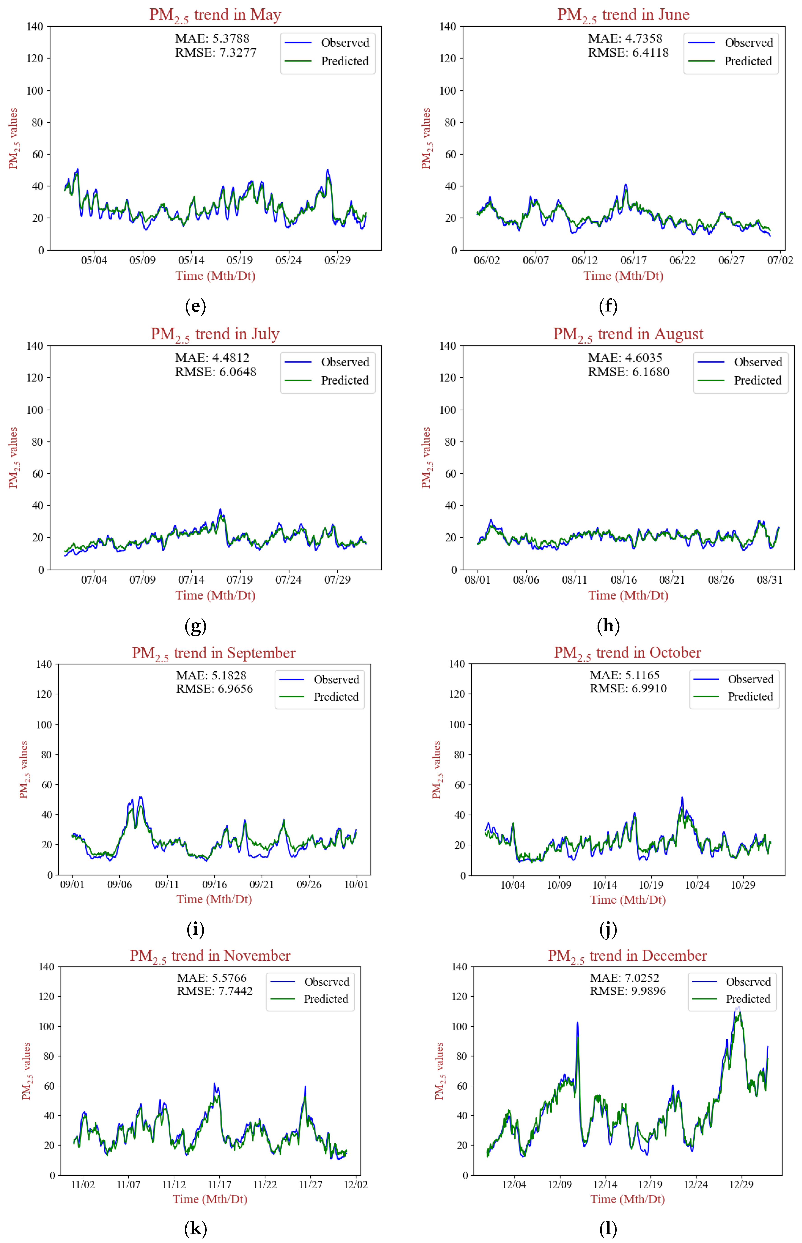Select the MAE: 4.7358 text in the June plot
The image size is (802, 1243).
pyautogui.click(x=625, y=39)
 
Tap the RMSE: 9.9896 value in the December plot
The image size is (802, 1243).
pyautogui.click(x=628, y=991)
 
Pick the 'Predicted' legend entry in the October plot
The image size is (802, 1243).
pyautogui.click(x=750, y=696)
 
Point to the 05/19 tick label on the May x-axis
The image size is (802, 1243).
pyautogui.click(x=239, y=260)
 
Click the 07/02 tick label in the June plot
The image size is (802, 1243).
pyautogui.click(x=780, y=260)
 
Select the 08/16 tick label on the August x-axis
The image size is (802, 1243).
pyautogui.click(x=623, y=579)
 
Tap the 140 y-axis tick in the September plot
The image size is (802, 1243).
pyautogui.click(x=44, y=664)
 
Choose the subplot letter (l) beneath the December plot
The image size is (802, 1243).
pyautogui.click(x=608, y=1228)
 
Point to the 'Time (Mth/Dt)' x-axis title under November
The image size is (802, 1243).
pyautogui.click(x=210, y=1199)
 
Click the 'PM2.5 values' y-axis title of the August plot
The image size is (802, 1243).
pyautogui.click(x=426, y=458)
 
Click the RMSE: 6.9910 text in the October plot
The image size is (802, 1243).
pyautogui.click(x=628, y=688)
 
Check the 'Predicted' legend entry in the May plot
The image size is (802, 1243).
pyautogui.click(x=344, y=61)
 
